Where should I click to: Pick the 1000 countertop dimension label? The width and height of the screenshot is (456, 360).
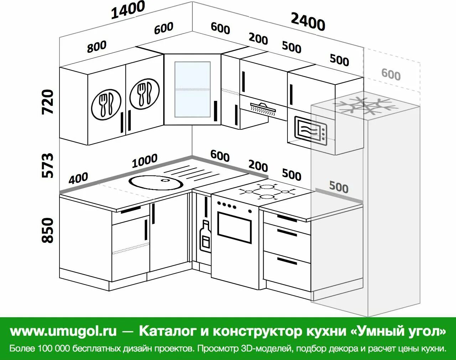tap(145, 161)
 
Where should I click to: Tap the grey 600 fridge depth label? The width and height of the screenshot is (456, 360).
tap(391, 74)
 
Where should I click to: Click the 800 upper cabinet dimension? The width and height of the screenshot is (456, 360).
tap(97, 46)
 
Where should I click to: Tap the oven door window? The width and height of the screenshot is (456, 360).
tap(234, 227)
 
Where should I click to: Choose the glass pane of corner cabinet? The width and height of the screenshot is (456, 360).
tap(192, 89)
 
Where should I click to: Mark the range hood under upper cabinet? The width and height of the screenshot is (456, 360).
tap(263, 108)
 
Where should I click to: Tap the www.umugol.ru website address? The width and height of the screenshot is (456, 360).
tap(63, 331)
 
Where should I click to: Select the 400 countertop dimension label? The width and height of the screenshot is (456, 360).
tap(78, 178)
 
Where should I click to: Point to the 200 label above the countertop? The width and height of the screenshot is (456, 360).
tap(258, 166)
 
